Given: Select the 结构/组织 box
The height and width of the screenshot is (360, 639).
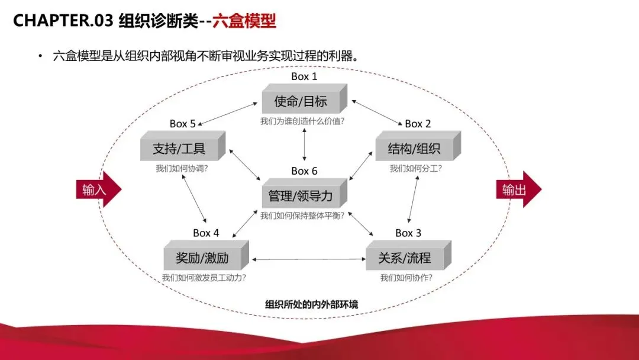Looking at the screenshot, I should coord(414,149).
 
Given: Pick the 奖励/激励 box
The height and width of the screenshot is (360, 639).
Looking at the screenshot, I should coord(202,258).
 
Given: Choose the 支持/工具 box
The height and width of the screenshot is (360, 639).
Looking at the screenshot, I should coord(179,148).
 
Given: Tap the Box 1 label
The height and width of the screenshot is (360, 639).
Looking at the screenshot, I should coord(304,76).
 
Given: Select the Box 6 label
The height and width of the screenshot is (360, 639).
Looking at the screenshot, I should coord(304,171).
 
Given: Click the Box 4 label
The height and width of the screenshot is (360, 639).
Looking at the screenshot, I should coord(206,233).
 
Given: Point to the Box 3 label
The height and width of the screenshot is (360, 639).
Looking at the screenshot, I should coord(408,233).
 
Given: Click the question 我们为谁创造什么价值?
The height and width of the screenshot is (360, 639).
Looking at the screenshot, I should coord(302,121).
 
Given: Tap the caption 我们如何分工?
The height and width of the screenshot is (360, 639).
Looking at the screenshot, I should coord(415,168).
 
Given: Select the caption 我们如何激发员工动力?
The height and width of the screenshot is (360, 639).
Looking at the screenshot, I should coord(204,278).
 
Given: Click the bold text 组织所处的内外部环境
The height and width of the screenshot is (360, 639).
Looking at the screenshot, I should coord(311,304).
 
